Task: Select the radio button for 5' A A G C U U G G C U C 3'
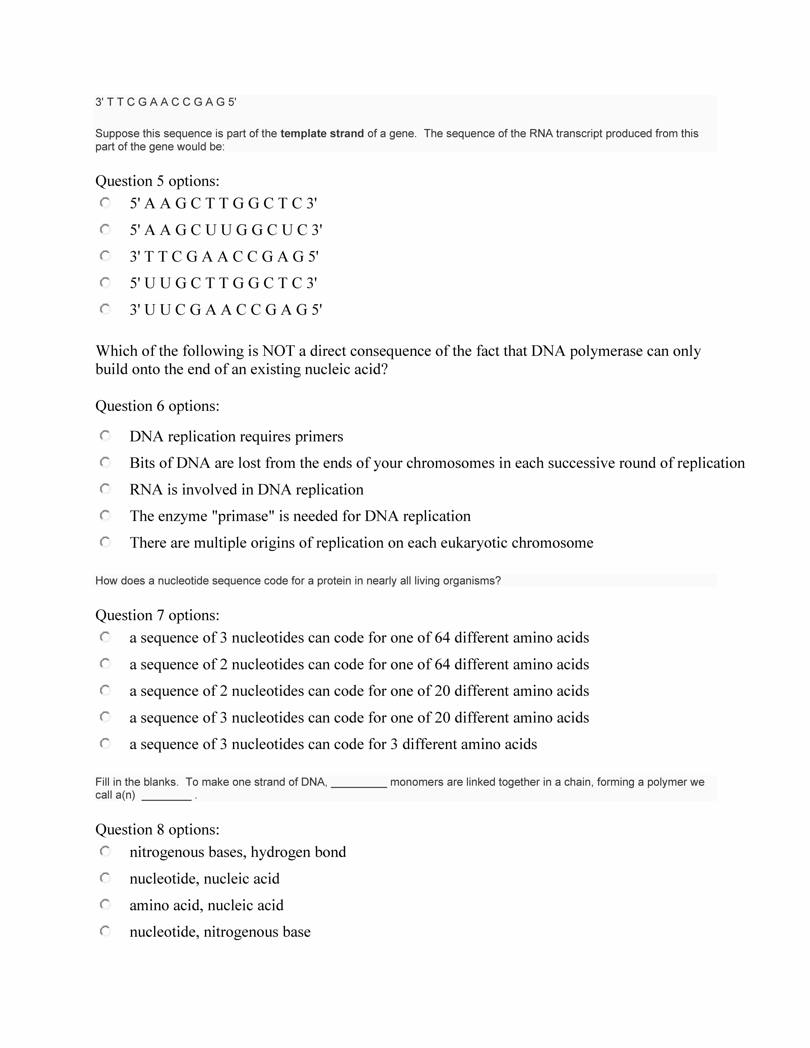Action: click(x=105, y=230)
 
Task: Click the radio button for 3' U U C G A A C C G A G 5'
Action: click(x=105, y=309)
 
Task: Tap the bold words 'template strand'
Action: click(x=322, y=133)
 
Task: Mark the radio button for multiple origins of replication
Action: click(x=105, y=542)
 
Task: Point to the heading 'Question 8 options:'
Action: click(x=157, y=830)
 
